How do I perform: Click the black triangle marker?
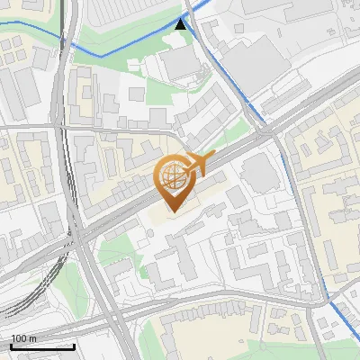point(182,24)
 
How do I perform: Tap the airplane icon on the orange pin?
point(201,163)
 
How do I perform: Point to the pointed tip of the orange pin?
point(171,211)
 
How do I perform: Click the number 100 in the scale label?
point(19,337)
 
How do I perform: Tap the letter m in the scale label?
point(32,337)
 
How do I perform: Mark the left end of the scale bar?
point(11,346)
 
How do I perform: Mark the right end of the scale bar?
point(74,346)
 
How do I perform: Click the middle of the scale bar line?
point(42,346)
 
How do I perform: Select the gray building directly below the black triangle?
point(181,61)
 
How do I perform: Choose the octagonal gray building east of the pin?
point(258,171)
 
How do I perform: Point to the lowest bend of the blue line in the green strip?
point(100,56)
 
